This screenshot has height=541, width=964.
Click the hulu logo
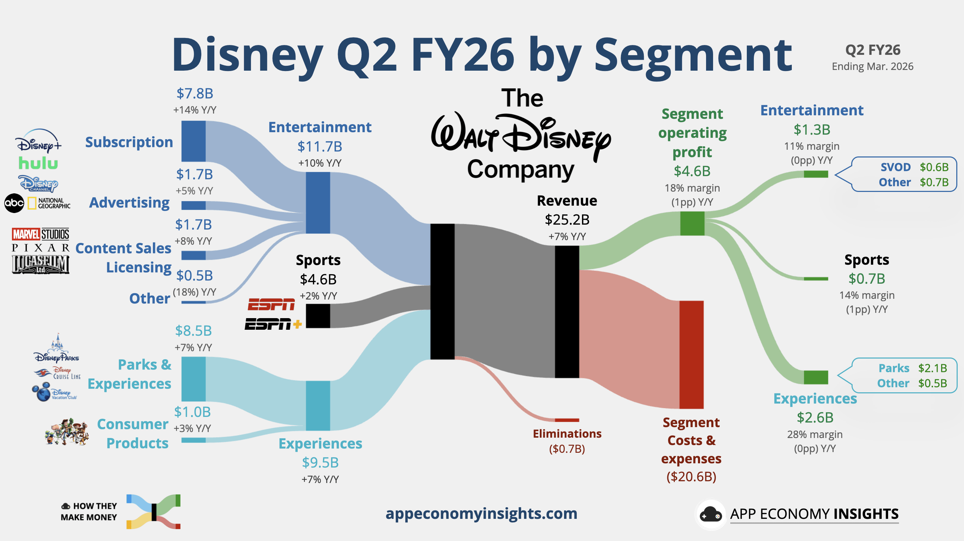[x=38, y=163]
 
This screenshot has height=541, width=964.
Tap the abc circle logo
[x=14, y=203]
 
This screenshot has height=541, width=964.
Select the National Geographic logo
[x=48, y=203]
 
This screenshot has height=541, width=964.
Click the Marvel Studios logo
[x=40, y=234]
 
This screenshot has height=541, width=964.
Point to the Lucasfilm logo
[x=40, y=264]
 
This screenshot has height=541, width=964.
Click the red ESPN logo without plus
[x=271, y=304]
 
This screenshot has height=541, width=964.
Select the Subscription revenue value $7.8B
[x=195, y=94]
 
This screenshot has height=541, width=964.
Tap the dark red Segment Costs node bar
[x=692, y=355]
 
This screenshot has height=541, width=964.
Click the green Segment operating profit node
[x=692, y=224]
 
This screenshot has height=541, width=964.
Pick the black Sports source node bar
[x=318, y=316]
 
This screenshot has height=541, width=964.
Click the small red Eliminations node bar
[x=567, y=420]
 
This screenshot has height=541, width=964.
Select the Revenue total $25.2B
[x=567, y=220]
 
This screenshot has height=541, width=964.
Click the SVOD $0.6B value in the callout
[x=934, y=167]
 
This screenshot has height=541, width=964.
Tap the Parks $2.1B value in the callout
[x=932, y=368]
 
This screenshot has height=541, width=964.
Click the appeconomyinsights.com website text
[x=481, y=513]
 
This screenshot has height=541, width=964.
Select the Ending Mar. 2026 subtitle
[x=872, y=67]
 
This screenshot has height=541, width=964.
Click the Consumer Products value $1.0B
[x=192, y=412]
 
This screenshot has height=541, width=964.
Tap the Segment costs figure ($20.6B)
[x=691, y=477]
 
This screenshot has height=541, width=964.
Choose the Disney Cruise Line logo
[x=57, y=374]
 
